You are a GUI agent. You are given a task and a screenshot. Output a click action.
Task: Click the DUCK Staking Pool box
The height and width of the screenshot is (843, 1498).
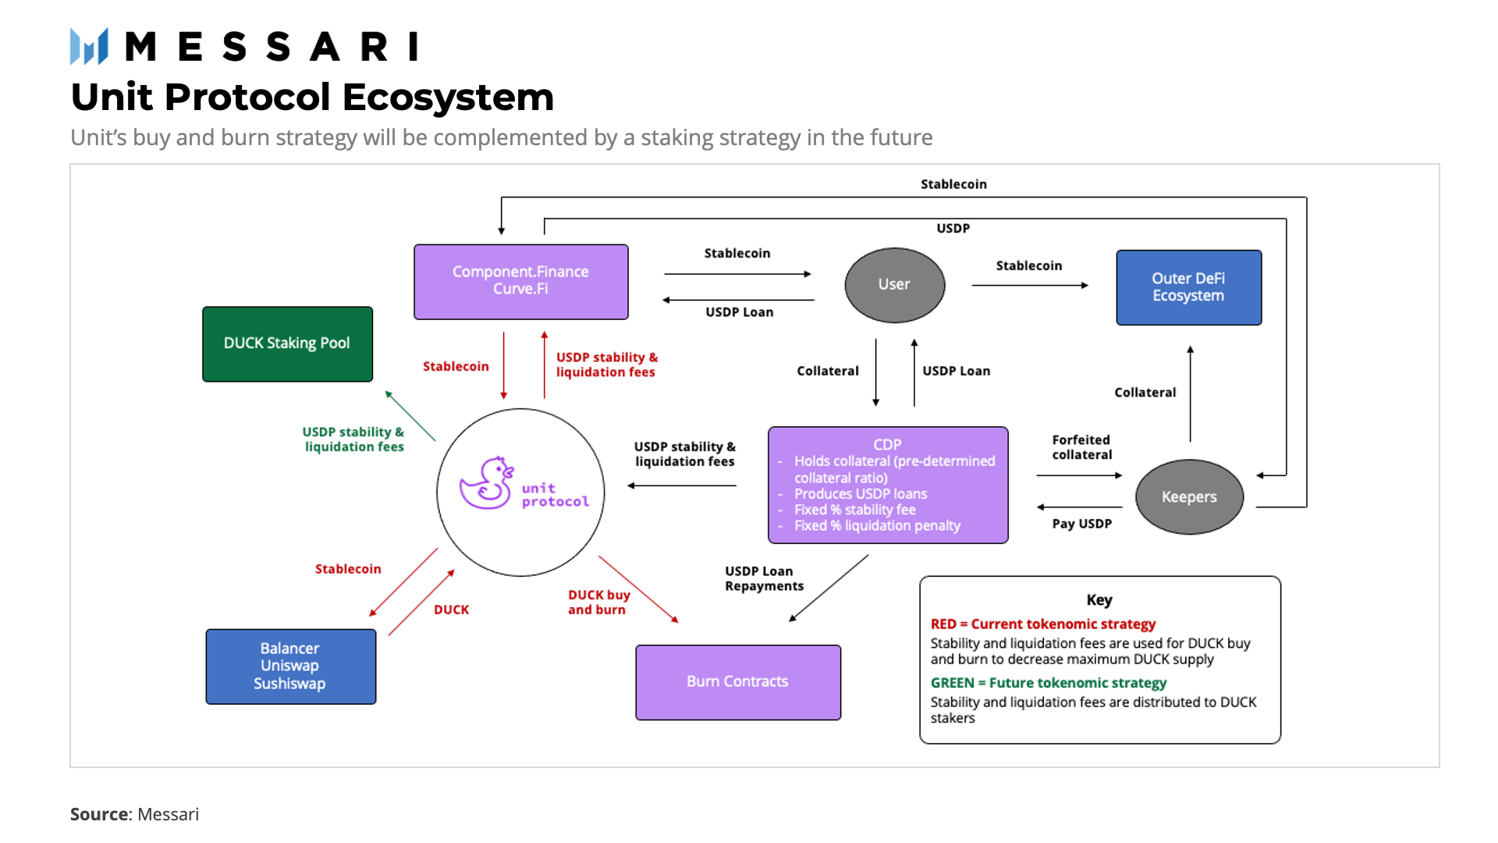click(x=287, y=344)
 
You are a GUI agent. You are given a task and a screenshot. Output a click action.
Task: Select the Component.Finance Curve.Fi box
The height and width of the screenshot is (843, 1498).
click(x=520, y=281)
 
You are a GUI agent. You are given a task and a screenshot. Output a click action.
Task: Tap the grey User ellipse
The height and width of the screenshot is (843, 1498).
click(x=894, y=285)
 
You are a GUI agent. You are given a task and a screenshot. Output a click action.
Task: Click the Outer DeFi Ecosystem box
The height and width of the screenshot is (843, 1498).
click(x=1188, y=287)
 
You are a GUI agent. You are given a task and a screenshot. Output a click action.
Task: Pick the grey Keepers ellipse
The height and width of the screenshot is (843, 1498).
click(x=1189, y=497)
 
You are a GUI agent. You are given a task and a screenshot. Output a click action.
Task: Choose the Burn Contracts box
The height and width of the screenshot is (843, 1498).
click(x=737, y=681)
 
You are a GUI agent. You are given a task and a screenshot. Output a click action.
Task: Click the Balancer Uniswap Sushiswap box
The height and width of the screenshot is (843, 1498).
click(x=290, y=667)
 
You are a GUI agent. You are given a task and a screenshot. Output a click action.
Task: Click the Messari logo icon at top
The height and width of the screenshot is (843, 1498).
click(x=89, y=47)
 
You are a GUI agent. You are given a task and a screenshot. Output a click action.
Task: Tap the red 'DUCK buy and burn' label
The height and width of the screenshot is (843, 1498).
click(x=598, y=603)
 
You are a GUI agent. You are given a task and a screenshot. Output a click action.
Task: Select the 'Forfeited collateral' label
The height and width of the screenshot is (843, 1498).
click(x=1081, y=447)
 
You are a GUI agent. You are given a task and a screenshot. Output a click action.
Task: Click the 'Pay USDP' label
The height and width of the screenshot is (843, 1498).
click(x=1081, y=524)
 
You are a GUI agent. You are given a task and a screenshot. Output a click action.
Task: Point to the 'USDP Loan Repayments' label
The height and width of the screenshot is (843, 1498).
click(x=763, y=578)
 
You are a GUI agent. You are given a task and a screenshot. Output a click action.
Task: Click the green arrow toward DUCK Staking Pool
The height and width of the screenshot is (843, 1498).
click(x=410, y=416)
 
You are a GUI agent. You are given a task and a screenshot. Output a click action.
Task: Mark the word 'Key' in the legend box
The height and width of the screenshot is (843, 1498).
click(x=1099, y=600)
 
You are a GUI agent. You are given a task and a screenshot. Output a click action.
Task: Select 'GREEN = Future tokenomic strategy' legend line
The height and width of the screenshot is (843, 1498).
click(x=1048, y=683)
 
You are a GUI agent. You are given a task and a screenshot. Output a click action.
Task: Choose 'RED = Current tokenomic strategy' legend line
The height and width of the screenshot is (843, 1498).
click(x=1042, y=624)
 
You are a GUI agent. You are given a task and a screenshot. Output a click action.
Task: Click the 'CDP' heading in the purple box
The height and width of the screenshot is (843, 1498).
click(x=887, y=444)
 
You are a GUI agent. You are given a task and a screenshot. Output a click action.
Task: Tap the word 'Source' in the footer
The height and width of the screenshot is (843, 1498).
click(x=99, y=814)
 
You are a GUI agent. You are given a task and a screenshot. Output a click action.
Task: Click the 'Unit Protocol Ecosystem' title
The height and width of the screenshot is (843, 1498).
click(x=312, y=98)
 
